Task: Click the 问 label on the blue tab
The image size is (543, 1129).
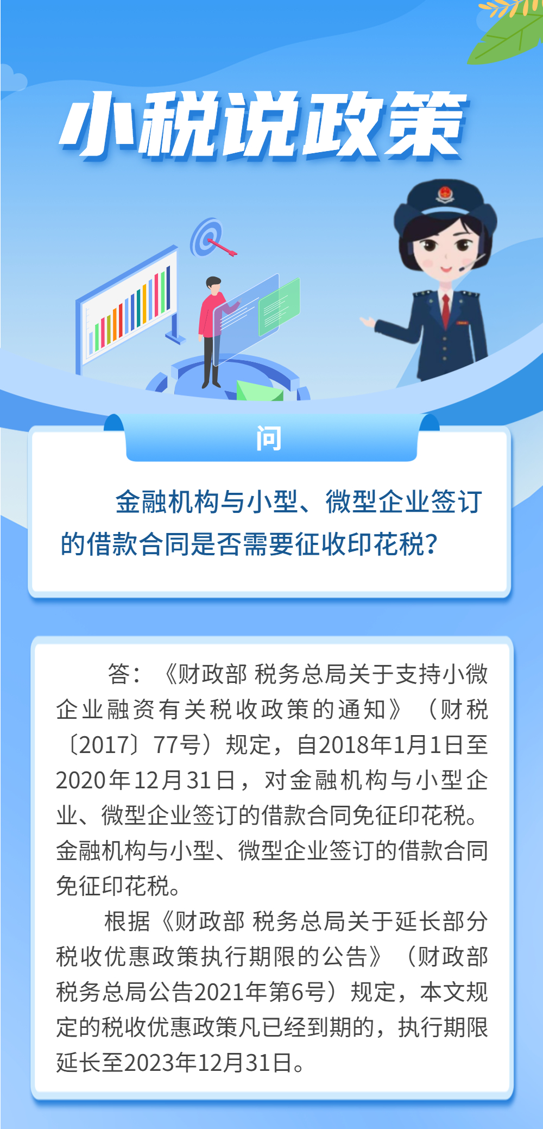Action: tap(269, 438)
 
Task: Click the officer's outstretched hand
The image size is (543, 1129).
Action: tap(368, 322)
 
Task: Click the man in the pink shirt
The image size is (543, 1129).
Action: tap(213, 331)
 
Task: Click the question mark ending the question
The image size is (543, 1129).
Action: tap(432, 544)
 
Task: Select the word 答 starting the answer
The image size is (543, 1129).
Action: tap(119, 674)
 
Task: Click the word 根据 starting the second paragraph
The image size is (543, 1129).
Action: tap(127, 921)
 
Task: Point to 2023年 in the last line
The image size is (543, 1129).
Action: tap(160, 1063)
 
